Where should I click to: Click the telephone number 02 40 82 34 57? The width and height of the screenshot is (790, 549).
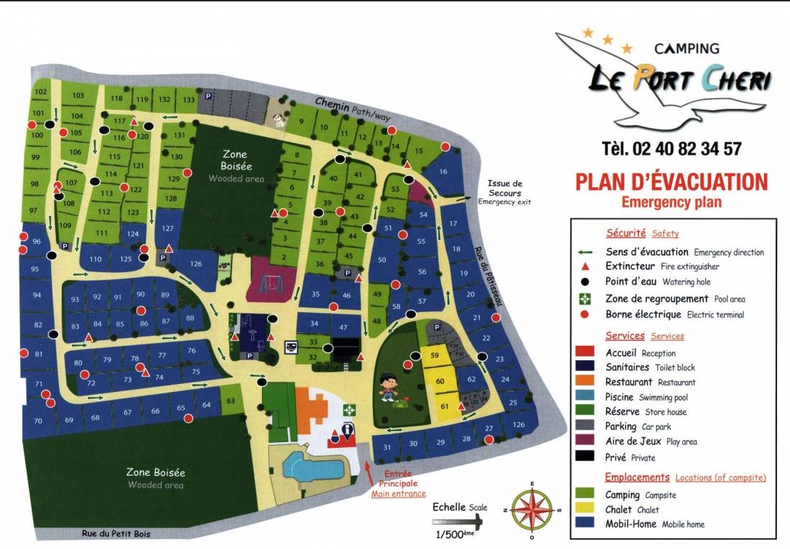tap(671, 149)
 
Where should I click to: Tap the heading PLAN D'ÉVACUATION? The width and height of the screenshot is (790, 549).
tap(671, 181)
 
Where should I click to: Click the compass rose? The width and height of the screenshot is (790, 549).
tap(531, 510)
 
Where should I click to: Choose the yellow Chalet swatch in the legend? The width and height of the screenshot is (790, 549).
tap(586, 510)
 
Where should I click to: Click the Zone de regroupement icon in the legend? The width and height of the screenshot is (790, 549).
tap(586, 299)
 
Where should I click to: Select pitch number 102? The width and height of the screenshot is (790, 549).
tap(41, 92)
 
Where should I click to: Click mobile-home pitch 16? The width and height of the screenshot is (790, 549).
tap(443, 172)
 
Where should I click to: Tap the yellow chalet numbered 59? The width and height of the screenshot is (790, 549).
tap(434, 356)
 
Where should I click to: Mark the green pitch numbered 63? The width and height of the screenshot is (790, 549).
tap(231, 400)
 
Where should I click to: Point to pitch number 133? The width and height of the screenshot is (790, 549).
tap(189, 99)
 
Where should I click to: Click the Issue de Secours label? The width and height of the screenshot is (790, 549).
tap(505, 188)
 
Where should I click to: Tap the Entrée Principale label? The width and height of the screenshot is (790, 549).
tap(399, 479)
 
